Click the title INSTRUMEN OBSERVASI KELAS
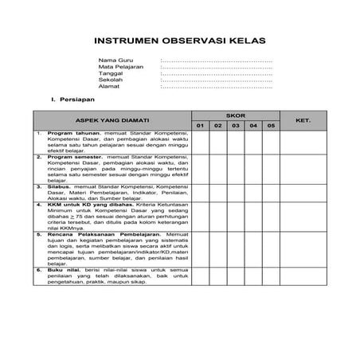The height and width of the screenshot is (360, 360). pos(180,41)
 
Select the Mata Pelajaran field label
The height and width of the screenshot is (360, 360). pos(119,67)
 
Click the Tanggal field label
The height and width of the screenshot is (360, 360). pos(111,73)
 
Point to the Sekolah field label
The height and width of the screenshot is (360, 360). pos(111,80)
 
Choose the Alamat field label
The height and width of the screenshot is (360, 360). pos(109,86)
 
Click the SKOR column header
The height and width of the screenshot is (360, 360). pos(236,115)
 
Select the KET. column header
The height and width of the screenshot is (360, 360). pos(303,120)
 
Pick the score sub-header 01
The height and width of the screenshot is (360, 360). pos(201,126)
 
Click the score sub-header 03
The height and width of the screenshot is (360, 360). pos(236,126)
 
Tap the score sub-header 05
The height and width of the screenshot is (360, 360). pos(271,126)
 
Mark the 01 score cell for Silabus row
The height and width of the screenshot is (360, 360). pos(201,192)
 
